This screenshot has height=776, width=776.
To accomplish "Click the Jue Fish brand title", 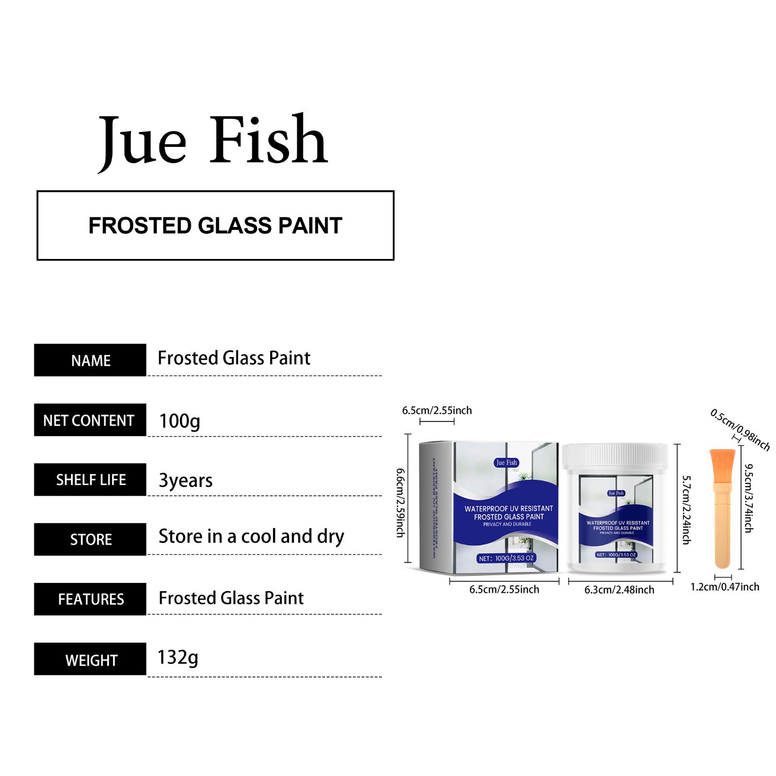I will (x=213, y=141).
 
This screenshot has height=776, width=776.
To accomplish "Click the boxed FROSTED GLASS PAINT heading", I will (x=215, y=226).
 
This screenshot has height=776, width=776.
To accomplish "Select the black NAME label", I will (x=90, y=360).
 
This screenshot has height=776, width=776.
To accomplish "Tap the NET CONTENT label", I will (x=90, y=420).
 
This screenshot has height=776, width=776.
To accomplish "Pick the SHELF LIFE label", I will (x=90, y=480).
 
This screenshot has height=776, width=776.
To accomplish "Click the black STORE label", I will (x=90, y=539).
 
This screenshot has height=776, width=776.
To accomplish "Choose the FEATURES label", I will (x=90, y=599).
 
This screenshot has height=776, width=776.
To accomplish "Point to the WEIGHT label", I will (x=90, y=659).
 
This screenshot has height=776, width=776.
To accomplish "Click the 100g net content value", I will (x=179, y=420).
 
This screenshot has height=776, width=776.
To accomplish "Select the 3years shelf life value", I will (x=186, y=480).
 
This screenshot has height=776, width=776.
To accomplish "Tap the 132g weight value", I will (x=178, y=658).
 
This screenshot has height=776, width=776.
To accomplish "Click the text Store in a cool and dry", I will (x=251, y=536).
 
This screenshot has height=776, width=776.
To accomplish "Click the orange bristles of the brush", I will (x=723, y=465).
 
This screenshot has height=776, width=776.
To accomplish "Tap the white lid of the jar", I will (x=615, y=456).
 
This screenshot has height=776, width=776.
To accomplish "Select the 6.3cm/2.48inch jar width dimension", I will (x=619, y=590).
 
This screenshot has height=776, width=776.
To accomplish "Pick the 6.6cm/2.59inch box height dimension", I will (x=401, y=502).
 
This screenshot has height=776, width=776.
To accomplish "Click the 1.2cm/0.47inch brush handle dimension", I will (x=725, y=587).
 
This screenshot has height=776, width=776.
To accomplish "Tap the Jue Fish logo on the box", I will (x=506, y=463).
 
